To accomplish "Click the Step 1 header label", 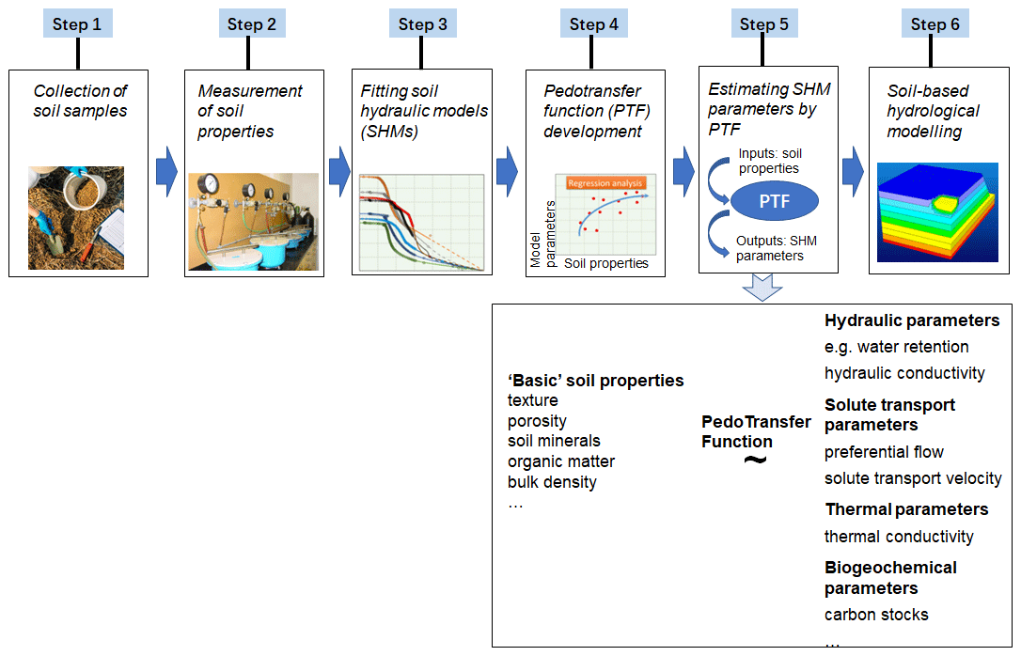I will click(77, 24).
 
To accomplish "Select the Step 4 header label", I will click(593, 24).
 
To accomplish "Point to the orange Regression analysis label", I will click(605, 183).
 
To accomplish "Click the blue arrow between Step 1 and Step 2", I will click(166, 171).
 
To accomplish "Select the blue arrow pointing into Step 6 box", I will click(853, 171).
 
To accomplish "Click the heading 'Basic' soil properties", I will click(595, 381).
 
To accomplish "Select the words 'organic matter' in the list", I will click(561, 461).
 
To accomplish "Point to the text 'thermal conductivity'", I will click(899, 537).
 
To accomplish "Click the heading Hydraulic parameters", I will click(912, 320).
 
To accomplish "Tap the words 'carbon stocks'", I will click(876, 615).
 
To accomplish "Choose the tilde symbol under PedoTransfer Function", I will click(755, 460).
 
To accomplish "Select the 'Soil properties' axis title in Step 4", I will click(606, 263).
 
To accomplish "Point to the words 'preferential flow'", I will click(884, 452).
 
